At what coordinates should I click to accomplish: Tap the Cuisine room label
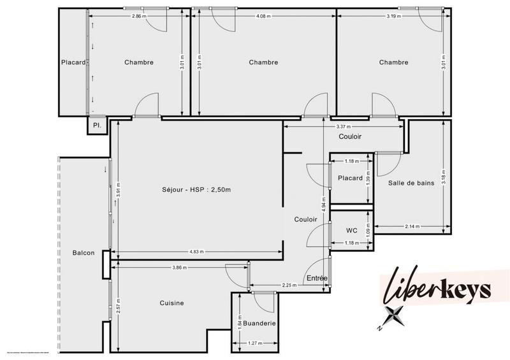(171, 303)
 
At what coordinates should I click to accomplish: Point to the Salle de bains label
(411, 183)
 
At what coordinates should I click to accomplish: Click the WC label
(351, 230)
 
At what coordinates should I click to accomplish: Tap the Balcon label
(84, 253)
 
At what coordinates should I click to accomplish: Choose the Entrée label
(317, 278)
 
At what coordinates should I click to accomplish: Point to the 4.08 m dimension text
(263, 16)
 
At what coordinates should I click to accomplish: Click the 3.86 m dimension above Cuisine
(179, 268)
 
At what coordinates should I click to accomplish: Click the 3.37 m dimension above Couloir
(344, 127)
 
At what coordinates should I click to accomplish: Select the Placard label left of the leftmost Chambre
(73, 62)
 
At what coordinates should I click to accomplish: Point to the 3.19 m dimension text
(393, 16)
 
